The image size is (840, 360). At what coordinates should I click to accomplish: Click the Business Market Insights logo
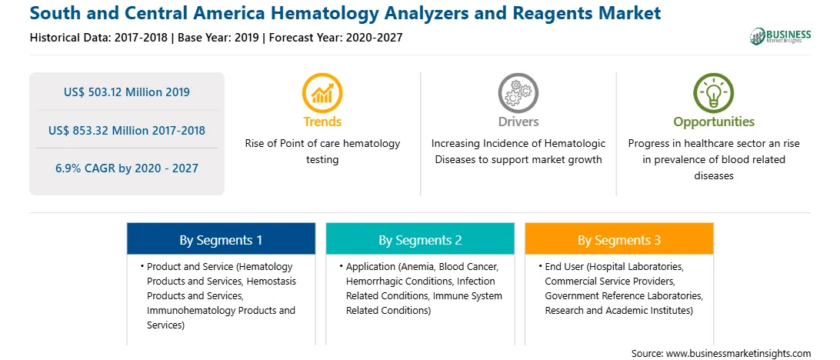point(780,36)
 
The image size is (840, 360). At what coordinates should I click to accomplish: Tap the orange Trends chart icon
point(322,92)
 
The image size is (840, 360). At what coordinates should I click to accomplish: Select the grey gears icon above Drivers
point(518,92)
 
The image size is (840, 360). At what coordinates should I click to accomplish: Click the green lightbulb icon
point(714,92)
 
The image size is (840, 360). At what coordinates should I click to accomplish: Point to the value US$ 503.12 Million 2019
point(126,92)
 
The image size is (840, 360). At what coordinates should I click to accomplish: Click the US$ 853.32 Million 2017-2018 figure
point(126,130)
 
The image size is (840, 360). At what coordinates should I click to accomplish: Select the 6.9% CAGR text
point(126,168)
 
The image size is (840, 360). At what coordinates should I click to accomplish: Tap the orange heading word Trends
point(322,122)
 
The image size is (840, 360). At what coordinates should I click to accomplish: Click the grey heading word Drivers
point(518,122)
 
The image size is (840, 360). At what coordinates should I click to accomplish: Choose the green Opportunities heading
point(714,122)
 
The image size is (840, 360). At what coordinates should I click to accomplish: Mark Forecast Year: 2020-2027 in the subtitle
point(336,38)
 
